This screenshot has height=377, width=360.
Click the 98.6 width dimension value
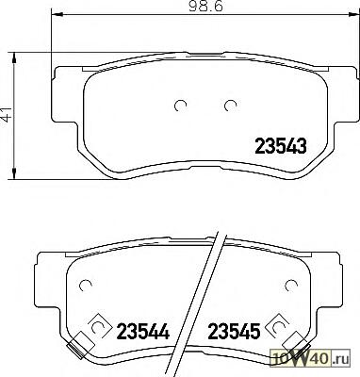pos(205,7)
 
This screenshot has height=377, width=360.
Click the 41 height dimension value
pos(7,113)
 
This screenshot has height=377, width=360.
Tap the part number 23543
pos(280,146)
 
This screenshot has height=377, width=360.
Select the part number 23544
pos(143,332)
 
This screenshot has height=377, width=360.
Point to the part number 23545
pos(235,332)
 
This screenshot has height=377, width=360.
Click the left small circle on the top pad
pos(180,106)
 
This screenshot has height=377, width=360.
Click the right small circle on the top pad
pos(230,106)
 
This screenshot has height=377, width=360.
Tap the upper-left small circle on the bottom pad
pos(86,285)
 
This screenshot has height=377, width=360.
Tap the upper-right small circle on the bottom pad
pos(291,285)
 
